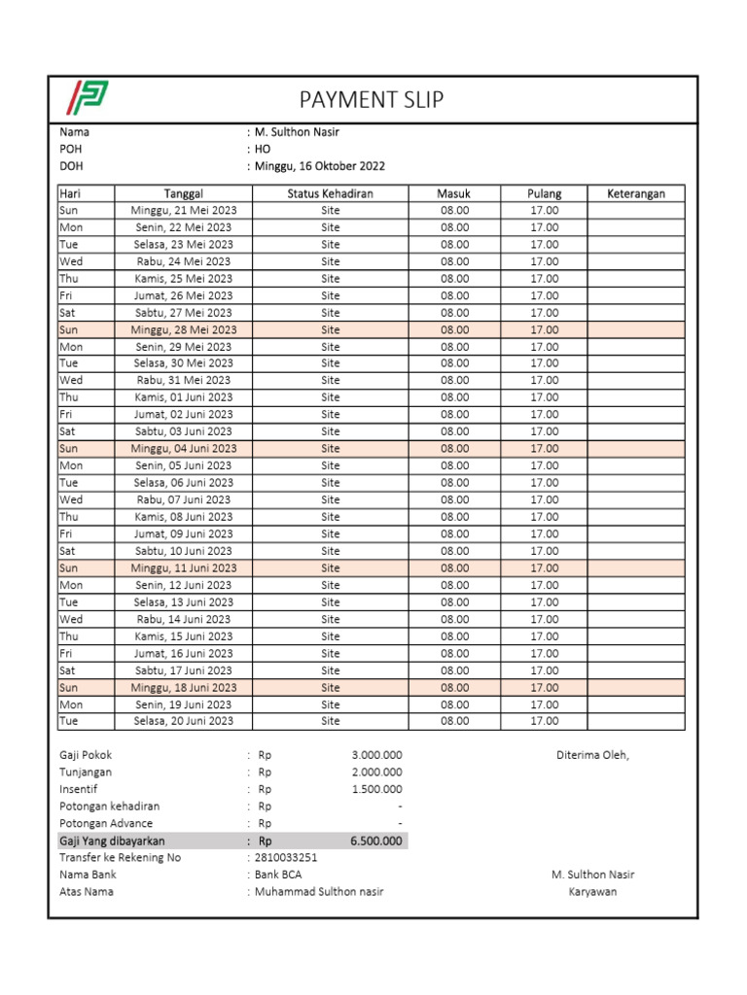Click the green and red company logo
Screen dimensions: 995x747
(88, 99)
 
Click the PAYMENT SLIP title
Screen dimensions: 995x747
(372, 100)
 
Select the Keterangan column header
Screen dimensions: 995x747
(636, 193)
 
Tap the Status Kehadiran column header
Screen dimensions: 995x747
(330, 193)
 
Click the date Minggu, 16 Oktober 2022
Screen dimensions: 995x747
(320, 166)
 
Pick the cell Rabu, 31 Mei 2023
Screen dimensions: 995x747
(184, 380)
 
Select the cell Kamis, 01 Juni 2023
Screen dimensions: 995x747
(184, 397)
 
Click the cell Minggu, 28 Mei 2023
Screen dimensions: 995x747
(184, 329)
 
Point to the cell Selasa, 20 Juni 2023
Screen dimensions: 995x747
(184, 721)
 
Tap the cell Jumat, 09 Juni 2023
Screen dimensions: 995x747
(184, 533)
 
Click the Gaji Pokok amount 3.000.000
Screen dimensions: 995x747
(376, 755)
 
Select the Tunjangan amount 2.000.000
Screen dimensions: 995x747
(376, 772)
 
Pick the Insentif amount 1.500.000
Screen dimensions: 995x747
(376, 789)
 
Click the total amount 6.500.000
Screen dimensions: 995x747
(376, 841)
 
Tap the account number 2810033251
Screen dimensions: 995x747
(286, 858)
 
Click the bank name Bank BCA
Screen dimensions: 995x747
(278, 875)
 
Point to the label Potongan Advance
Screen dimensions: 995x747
(106, 823)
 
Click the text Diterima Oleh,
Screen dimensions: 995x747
(592, 755)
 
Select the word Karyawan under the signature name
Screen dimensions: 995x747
(592, 892)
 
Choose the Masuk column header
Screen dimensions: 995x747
(454, 193)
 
